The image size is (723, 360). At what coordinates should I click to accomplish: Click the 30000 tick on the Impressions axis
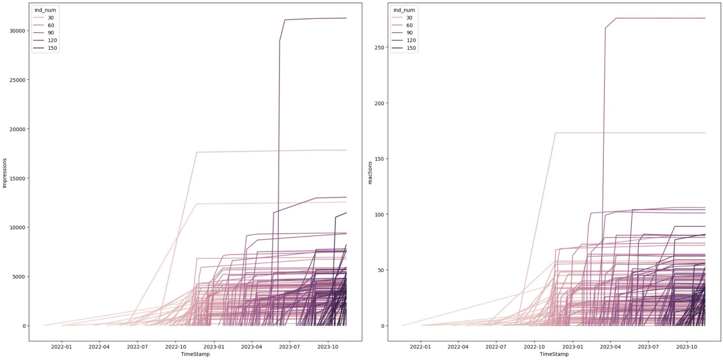[17, 31]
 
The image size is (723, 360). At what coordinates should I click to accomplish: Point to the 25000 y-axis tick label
[17, 80]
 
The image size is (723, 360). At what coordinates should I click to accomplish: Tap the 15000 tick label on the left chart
[17, 178]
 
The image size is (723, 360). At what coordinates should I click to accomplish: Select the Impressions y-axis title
[5, 173]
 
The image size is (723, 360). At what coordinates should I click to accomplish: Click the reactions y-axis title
[370, 173]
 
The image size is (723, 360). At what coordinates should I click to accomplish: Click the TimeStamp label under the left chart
[195, 354]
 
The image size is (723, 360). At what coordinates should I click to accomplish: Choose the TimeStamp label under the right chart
[554, 354]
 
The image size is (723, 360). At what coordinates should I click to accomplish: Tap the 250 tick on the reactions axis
[379, 47]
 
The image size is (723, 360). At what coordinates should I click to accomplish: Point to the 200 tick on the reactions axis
[379, 103]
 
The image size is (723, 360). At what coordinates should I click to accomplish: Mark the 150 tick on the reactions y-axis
[379, 159]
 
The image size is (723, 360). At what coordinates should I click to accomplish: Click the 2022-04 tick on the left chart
[99, 347]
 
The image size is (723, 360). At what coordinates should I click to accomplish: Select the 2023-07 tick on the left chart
[289, 347]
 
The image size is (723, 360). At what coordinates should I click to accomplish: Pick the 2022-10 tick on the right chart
[534, 347]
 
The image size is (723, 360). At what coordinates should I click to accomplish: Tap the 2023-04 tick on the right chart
[610, 347]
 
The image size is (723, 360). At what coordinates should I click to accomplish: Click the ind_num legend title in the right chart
[404, 10]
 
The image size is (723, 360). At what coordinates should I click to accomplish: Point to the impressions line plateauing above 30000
[316, 19]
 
